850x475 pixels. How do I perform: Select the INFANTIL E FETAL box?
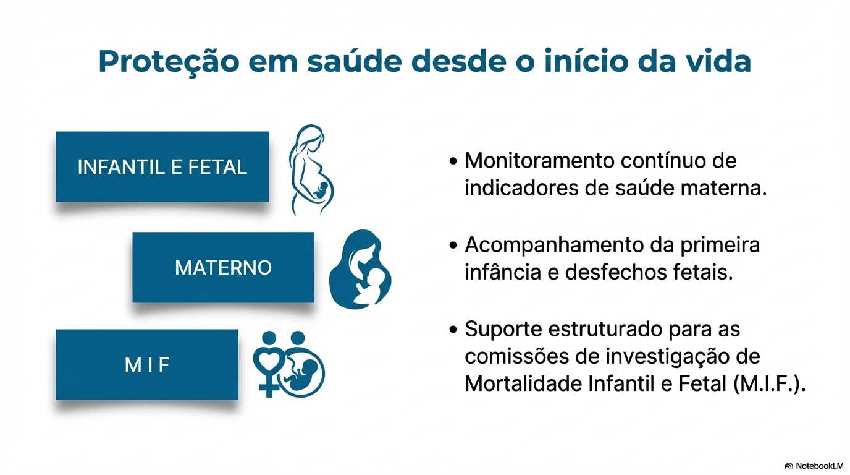pos(162,166)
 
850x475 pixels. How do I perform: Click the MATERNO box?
pos(223,267)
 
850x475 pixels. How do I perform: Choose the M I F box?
pos(147,365)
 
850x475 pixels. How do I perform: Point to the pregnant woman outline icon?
pos(311,170)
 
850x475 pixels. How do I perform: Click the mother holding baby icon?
pos(361,268)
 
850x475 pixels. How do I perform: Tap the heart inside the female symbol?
pos(270,362)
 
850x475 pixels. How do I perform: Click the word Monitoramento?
pos(539,161)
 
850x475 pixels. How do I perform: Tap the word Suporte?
pos(502,329)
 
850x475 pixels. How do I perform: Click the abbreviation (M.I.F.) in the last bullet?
pos(770,384)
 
